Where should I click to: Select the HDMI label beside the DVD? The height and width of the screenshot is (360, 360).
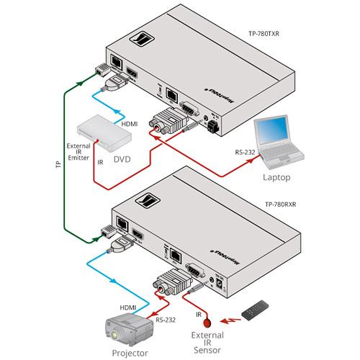130,124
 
